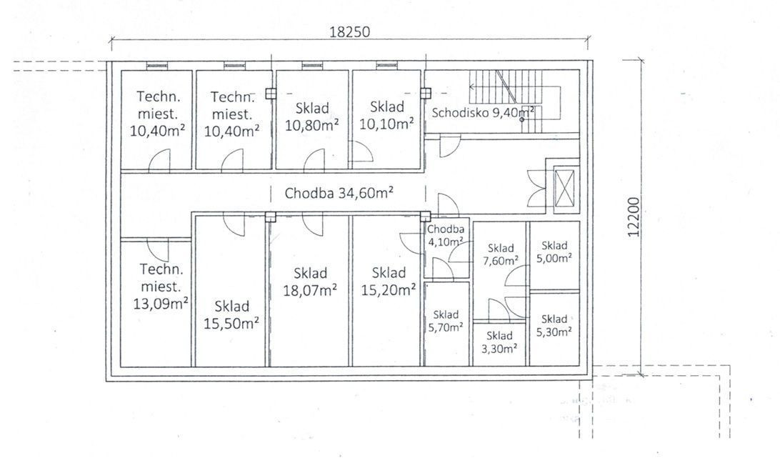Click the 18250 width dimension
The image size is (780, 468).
point(350,32)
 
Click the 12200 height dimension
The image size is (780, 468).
point(633,216)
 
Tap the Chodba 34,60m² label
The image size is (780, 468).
point(339,192)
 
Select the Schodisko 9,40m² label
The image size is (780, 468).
point(483,112)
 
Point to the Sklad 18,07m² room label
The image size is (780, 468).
point(310,282)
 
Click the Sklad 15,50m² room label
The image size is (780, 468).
point(231,315)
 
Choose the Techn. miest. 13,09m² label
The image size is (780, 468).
point(160,287)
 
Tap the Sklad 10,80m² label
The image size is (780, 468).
point(312,116)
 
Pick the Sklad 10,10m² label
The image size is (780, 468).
point(386,115)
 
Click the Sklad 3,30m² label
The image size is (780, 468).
point(499,342)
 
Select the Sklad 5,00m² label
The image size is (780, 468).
point(554,252)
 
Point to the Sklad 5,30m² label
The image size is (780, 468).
point(554,325)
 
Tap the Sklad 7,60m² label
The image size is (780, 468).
point(501,254)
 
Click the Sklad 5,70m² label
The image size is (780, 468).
point(446,321)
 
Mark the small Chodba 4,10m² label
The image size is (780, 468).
point(446,235)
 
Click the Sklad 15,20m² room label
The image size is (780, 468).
point(389,281)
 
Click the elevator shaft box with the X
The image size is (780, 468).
point(564,188)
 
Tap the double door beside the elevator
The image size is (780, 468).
point(536,188)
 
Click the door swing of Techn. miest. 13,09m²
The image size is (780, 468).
point(158,249)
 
